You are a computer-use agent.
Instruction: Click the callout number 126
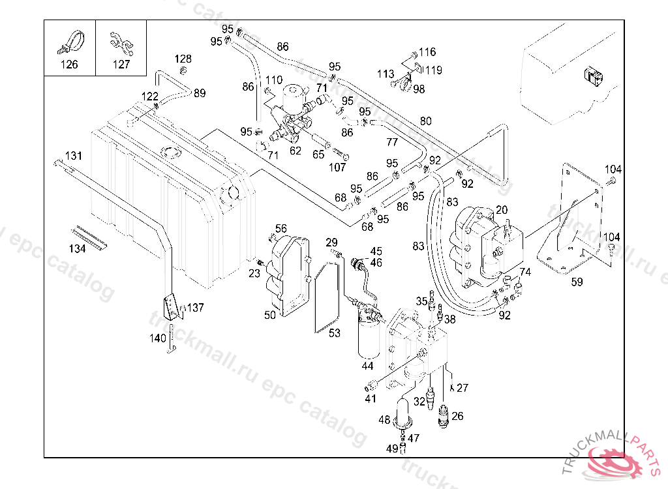tap(69, 64)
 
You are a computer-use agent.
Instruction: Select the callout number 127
tap(121, 64)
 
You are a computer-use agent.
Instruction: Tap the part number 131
tap(74, 156)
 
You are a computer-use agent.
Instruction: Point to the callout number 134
tap(78, 248)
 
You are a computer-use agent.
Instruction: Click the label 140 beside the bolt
tap(158, 338)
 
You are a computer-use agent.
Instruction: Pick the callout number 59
tap(577, 282)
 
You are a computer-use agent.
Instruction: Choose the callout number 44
tap(368, 366)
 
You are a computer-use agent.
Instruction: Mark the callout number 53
tap(335, 333)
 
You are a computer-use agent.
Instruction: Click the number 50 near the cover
tap(270, 316)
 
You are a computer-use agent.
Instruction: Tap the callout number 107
tap(337, 167)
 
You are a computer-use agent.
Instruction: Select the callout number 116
tap(427, 52)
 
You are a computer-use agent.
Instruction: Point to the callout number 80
tap(426, 121)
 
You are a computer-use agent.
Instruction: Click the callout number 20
tap(502, 210)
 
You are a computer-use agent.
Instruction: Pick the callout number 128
tap(183, 59)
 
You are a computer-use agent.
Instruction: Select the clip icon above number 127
tap(121, 41)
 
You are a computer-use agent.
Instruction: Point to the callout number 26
tap(457, 415)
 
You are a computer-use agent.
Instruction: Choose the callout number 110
tap(274, 80)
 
